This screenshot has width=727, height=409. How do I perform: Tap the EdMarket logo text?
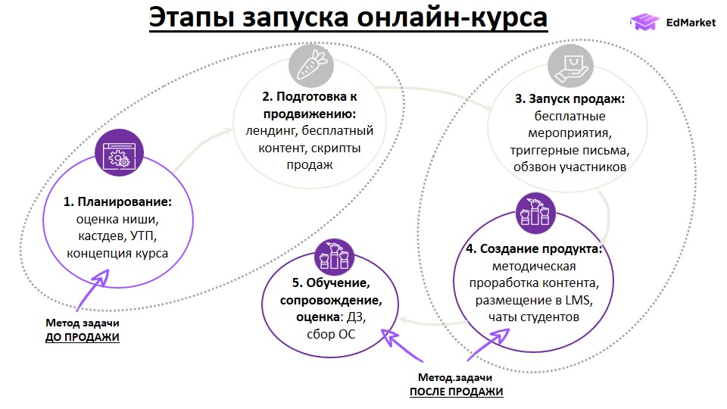(690, 23)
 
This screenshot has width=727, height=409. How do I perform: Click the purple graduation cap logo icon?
(645, 23)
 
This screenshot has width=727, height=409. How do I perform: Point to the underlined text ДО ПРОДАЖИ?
(82, 336)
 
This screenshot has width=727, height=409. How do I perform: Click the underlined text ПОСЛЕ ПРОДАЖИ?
(456, 391)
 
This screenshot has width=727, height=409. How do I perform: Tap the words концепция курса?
(117, 253)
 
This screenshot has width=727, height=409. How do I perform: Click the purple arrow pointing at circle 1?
(95, 289)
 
